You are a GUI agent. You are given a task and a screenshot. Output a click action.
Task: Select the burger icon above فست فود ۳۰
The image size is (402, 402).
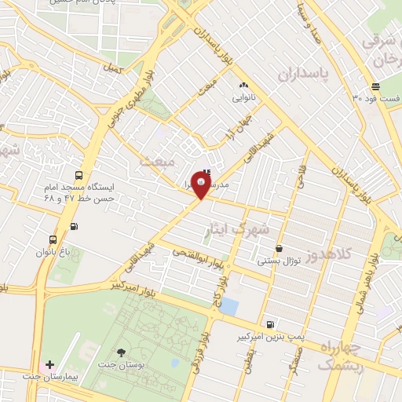tap(375, 86)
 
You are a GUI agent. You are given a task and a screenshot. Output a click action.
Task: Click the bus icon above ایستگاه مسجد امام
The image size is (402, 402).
tap(77, 175)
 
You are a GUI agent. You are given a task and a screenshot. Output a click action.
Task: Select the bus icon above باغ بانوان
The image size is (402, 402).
tap(52, 239)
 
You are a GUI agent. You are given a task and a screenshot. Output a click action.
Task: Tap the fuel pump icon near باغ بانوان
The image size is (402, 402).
tap(75, 227)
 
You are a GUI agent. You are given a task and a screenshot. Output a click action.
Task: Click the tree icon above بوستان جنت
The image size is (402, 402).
tap(121, 352)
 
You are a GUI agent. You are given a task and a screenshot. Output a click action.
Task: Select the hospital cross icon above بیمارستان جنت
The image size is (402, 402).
tap(50, 365)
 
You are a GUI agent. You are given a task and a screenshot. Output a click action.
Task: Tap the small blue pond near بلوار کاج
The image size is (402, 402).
tap(228, 305)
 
